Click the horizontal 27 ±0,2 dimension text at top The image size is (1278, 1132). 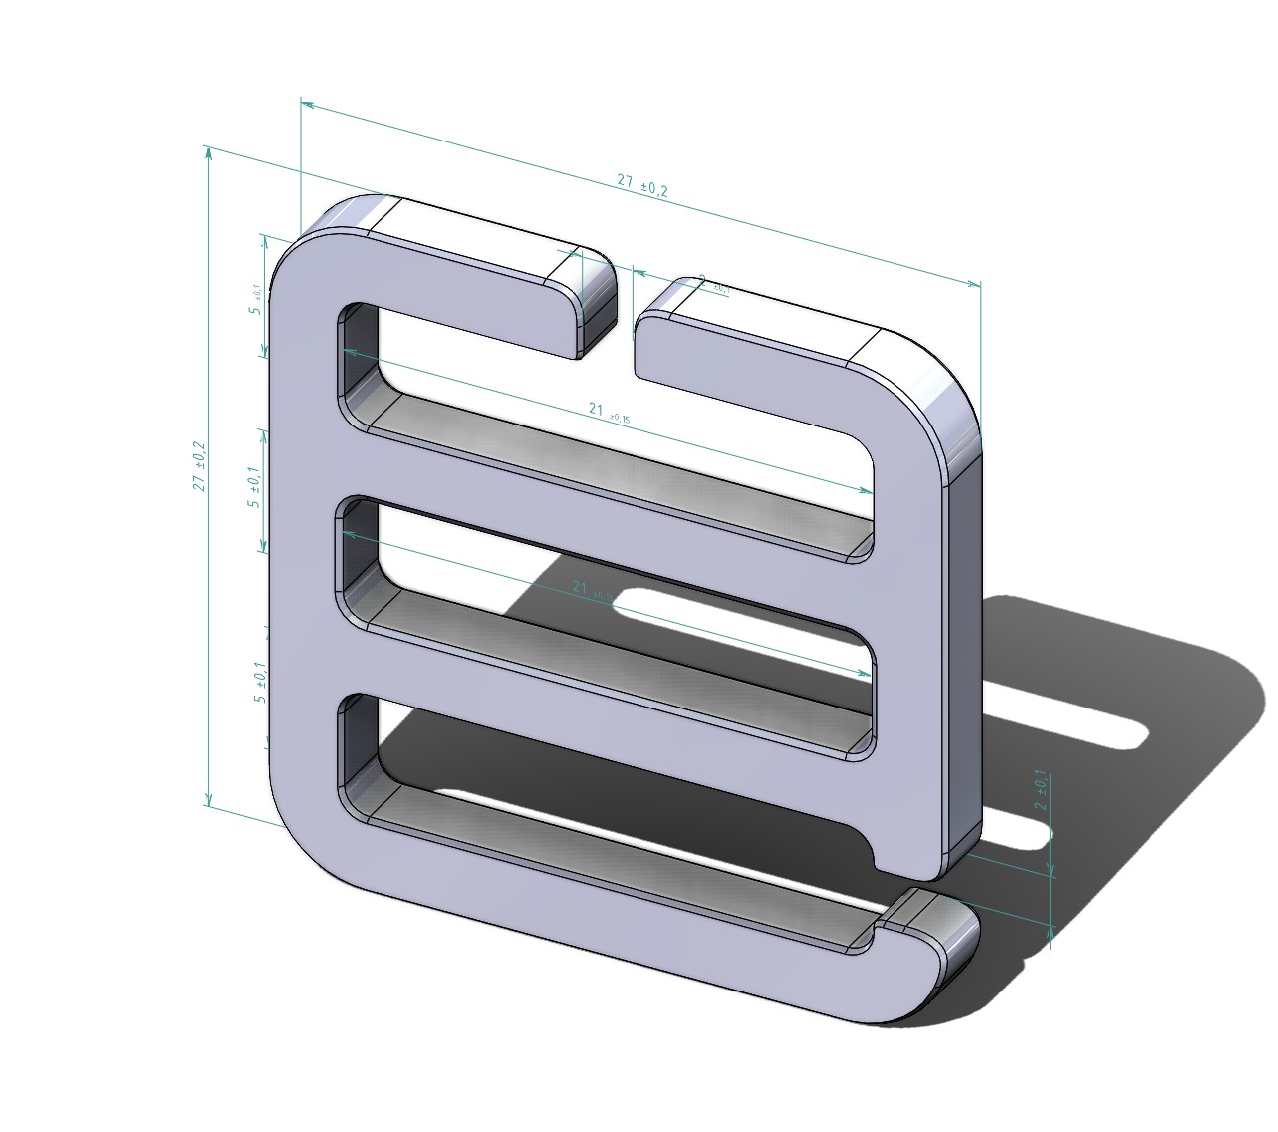pyautogui.click(x=642, y=185)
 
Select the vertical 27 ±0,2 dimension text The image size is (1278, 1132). pyautogui.click(x=200, y=466)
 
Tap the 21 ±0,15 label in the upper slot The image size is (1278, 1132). pyautogui.click(x=608, y=412)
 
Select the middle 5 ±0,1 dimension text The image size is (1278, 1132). pyautogui.click(x=256, y=488)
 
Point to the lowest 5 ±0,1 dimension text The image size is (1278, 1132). pyautogui.click(x=260, y=684)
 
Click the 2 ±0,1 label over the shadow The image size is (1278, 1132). pyautogui.click(x=1040, y=789)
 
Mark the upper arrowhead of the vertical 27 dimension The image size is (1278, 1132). pyautogui.click(x=208, y=152)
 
